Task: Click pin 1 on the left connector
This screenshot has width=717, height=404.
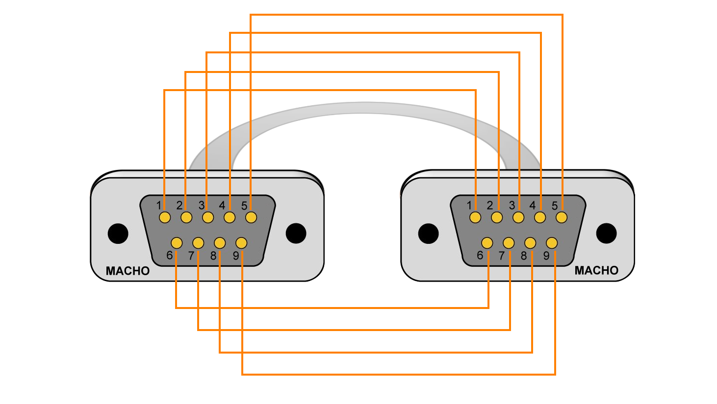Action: (165, 217)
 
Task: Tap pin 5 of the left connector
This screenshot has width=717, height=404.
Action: (251, 217)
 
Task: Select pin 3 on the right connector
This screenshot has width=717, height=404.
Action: (518, 217)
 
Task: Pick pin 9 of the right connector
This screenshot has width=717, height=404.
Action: (552, 243)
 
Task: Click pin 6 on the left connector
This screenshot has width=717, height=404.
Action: (177, 243)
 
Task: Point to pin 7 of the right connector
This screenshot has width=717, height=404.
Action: (509, 243)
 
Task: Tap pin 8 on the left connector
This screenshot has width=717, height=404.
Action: (220, 243)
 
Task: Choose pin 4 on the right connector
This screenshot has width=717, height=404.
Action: (540, 217)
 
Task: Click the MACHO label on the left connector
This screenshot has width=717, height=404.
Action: (128, 271)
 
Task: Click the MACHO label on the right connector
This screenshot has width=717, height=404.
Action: (596, 270)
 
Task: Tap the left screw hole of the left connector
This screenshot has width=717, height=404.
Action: (118, 234)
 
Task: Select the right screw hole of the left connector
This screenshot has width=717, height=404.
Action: (296, 233)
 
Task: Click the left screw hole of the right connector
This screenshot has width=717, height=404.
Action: (428, 234)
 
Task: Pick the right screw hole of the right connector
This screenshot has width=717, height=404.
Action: (606, 233)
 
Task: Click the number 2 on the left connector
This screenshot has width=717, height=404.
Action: (179, 205)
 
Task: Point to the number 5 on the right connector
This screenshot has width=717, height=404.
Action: (555, 206)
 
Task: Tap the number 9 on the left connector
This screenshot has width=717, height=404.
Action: (236, 256)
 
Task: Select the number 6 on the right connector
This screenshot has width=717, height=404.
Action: (480, 255)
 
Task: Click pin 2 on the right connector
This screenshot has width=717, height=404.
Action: (497, 217)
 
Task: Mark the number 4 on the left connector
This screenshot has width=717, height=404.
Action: (222, 205)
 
